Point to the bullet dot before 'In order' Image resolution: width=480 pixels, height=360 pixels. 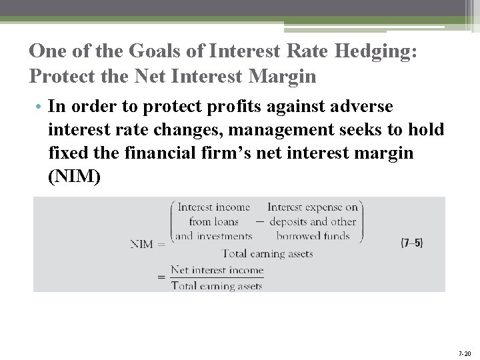pos(41,107)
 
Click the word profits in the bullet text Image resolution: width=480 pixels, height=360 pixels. pos(231,107)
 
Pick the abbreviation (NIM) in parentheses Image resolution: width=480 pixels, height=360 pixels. pos(75,177)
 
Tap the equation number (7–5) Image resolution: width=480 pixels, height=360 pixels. pos(411,243)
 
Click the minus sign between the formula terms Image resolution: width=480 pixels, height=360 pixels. pos(259,222)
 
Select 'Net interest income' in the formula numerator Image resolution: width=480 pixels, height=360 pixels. pos(217,270)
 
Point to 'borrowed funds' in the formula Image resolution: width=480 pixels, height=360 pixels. pos(313,235)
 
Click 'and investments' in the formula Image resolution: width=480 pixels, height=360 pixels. pos(213,235)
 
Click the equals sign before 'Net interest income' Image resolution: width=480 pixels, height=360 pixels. pos(161,277)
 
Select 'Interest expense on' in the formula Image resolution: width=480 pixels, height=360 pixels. pos(313,207)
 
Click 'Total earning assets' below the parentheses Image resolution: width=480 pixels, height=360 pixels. pos(267,253)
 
